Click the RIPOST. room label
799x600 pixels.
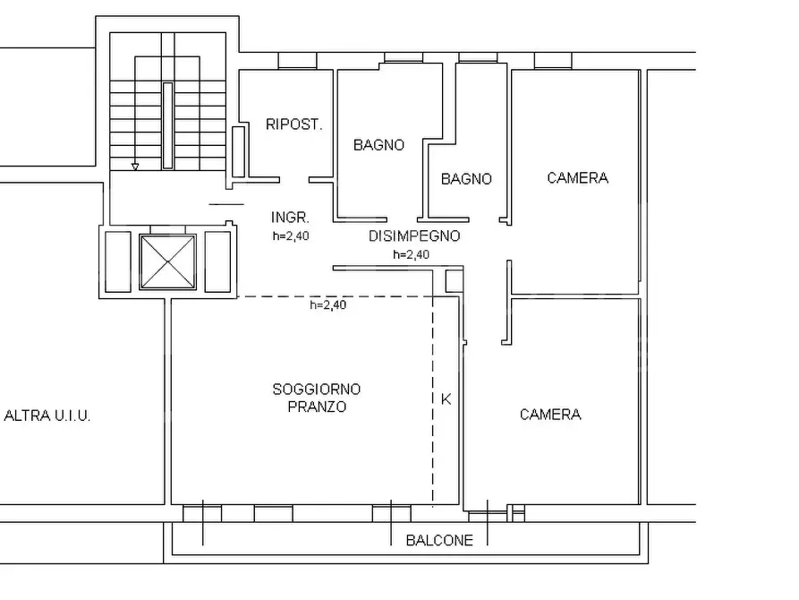click(294, 124)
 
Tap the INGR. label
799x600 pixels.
click(290, 218)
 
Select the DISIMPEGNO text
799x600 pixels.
click(414, 236)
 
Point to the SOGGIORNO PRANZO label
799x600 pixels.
click(317, 398)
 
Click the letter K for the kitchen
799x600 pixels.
click(446, 399)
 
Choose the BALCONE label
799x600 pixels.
click(439, 540)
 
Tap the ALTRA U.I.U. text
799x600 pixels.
click(47, 416)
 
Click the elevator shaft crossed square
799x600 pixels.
click(167, 261)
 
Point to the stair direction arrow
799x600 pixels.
click(135, 167)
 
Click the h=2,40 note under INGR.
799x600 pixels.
click(291, 236)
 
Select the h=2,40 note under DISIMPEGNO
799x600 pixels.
click(412, 254)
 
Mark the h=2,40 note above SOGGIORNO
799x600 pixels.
click(328, 304)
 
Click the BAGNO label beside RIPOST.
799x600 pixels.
click(378, 145)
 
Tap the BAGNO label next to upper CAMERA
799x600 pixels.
click(466, 178)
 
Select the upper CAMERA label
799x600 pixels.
click(577, 177)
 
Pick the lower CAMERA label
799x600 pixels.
click(550, 414)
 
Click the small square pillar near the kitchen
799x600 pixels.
click(454, 281)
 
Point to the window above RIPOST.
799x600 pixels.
click(298, 60)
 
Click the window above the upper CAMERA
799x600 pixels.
click(553, 60)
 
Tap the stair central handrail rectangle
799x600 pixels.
click(167, 125)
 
